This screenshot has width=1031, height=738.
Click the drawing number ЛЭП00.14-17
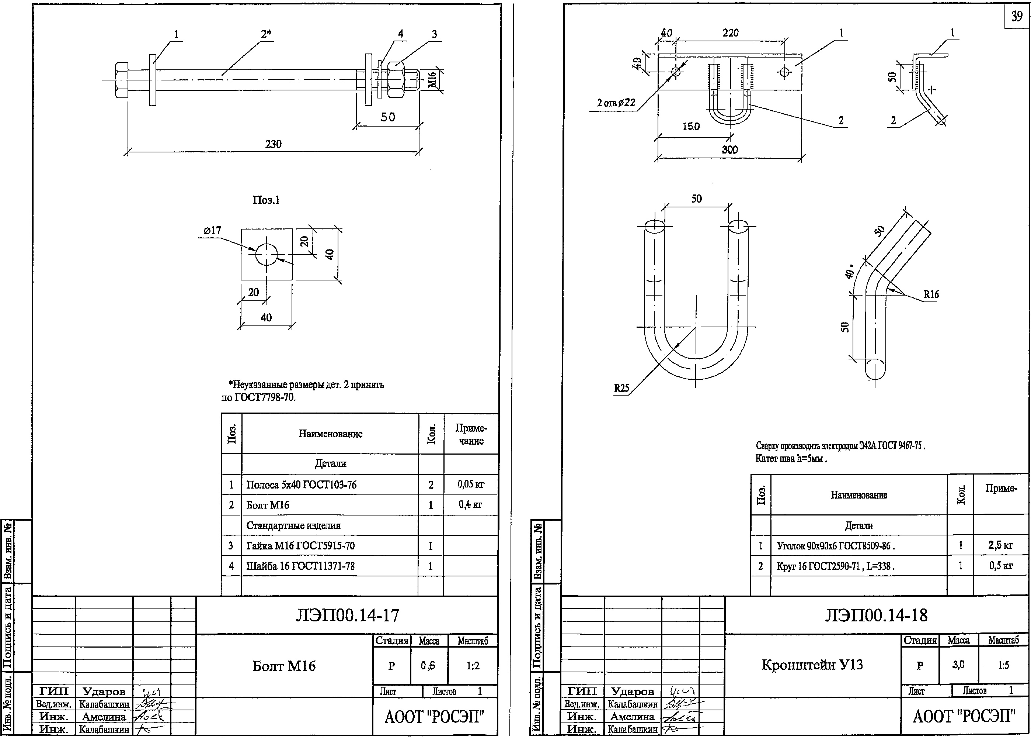347,615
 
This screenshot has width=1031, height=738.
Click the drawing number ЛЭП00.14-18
876,615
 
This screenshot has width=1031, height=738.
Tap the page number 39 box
1017,16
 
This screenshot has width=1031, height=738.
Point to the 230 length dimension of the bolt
273,144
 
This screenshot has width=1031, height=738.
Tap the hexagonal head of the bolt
121,80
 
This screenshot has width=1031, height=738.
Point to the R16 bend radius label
931,294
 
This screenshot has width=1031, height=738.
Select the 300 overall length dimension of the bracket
729,149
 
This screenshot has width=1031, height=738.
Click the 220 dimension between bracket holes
731,33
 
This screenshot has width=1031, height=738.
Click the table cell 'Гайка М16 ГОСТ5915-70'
300,546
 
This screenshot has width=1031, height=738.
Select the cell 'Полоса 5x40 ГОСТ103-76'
302,485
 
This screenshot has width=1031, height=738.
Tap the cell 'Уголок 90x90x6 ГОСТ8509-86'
835,546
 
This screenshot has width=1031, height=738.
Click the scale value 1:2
473,666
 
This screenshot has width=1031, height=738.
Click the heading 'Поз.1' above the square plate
267,200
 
